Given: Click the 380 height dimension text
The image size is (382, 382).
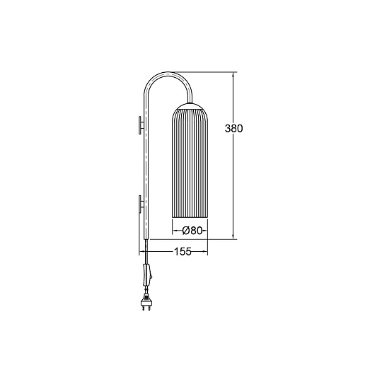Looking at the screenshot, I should tap(233, 129).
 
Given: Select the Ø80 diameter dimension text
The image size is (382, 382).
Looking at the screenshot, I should tap(190, 230).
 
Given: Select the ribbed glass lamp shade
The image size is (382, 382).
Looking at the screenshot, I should tap(190, 163).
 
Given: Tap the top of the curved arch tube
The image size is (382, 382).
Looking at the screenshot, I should tap(167, 73).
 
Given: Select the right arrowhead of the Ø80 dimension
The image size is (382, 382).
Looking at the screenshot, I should tap(205, 230).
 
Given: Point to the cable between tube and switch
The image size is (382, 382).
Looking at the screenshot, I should tap(146, 251).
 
